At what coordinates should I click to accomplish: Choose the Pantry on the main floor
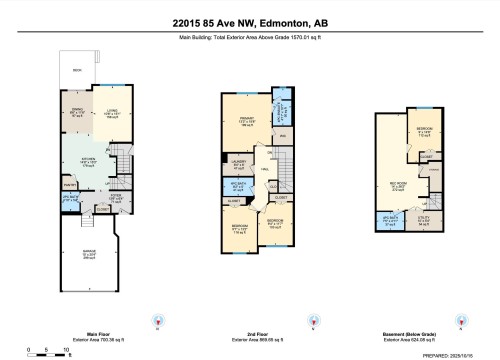coord(70,185)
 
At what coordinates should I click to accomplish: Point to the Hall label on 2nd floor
coord(266,172)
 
